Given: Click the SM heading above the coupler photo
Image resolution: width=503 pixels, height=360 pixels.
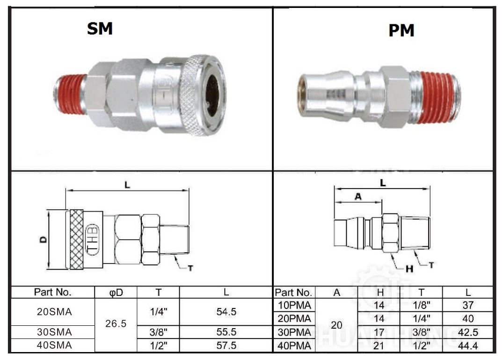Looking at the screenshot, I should [x=100, y=29].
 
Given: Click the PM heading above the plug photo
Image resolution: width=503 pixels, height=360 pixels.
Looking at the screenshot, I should [x=401, y=31].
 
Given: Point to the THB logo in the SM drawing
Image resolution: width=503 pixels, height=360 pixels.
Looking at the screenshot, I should [x=94, y=239].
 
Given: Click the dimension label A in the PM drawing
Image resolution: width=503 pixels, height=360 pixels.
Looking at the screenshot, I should [x=358, y=197].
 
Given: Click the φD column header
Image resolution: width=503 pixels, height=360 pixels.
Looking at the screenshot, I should [x=116, y=293].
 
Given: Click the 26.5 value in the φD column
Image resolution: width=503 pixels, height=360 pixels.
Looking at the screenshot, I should [x=116, y=323].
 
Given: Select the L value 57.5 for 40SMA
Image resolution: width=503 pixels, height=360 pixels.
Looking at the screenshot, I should [x=226, y=346].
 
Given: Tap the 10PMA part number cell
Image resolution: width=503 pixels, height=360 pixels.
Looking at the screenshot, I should [x=294, y=306].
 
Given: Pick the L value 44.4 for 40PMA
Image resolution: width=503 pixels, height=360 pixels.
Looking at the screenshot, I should [x=467, y=346].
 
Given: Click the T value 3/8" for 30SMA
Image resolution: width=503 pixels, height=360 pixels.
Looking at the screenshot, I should [x=158, y=332].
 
